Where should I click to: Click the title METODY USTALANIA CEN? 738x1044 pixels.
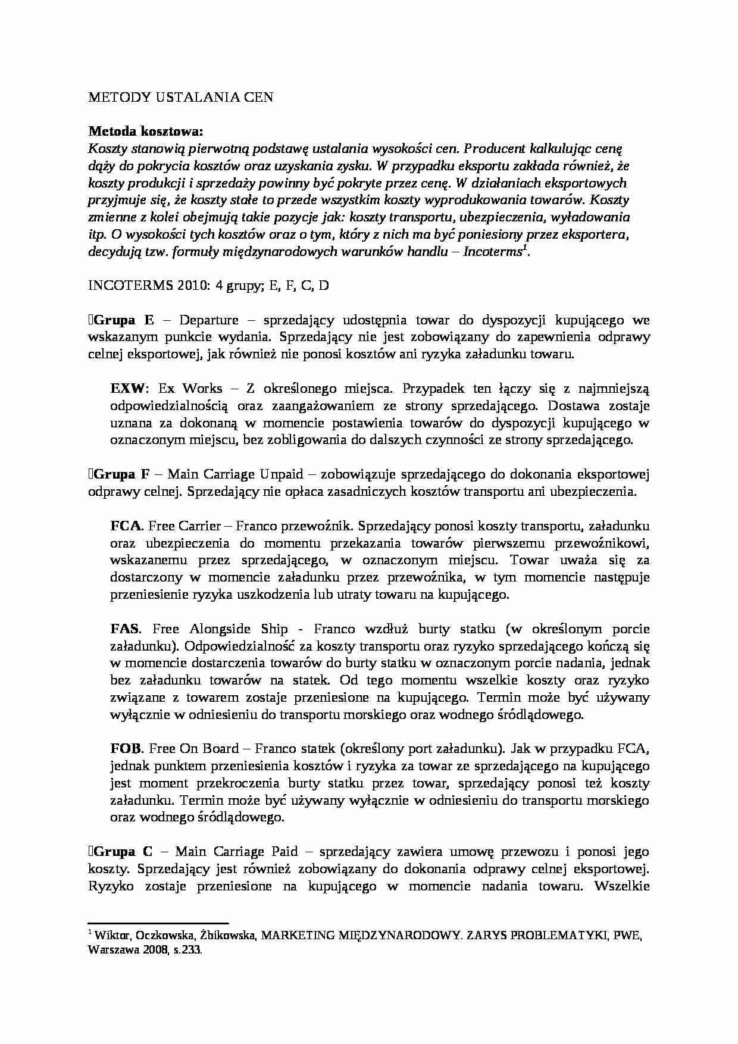180,98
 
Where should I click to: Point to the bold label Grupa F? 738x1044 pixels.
121,474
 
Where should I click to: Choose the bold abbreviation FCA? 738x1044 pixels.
126,526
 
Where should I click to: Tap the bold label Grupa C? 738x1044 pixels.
123,852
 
